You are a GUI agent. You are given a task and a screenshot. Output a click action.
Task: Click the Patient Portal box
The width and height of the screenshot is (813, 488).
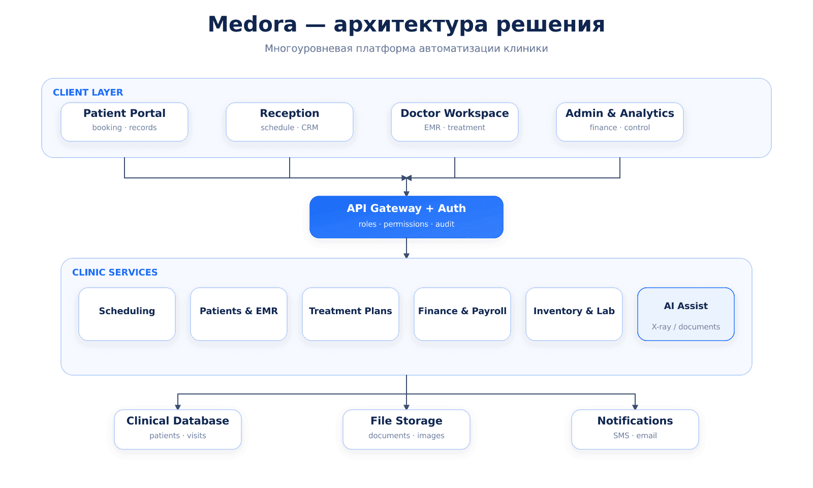point(124,122)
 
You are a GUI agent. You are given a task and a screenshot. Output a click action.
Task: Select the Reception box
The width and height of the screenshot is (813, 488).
point(290,122)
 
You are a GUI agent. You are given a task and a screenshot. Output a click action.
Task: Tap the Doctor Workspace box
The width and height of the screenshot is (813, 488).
point(455,122)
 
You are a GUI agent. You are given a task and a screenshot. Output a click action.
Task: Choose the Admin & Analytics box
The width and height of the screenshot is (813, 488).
point(620,122)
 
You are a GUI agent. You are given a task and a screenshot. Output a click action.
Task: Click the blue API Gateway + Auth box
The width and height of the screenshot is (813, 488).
point(407,217)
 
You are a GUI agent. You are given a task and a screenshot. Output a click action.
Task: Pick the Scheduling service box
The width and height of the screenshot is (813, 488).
point(127,314)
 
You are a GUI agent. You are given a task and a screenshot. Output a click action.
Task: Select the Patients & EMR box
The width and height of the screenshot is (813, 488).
point(239,314)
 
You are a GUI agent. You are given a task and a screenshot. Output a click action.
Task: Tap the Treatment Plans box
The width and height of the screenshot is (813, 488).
point(351,314)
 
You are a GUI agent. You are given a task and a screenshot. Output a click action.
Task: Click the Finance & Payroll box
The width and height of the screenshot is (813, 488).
point(462,314)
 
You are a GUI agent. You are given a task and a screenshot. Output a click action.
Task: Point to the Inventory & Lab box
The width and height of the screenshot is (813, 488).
point(574,314)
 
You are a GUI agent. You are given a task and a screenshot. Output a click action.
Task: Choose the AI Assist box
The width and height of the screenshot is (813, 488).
point(686,314)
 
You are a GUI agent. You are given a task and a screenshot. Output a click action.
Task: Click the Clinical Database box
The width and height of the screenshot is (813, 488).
point(178,430)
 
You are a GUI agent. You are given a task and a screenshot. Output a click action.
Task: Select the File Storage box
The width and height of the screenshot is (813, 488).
point(407,430)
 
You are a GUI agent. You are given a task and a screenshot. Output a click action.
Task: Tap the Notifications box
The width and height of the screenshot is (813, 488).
point(635,430)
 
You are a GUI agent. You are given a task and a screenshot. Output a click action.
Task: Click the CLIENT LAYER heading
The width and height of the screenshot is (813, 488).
point(88,93)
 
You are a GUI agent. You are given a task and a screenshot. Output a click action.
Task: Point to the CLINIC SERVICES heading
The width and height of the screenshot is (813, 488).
point(115,272)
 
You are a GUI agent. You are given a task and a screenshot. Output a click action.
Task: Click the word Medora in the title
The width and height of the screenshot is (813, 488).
point(253,24)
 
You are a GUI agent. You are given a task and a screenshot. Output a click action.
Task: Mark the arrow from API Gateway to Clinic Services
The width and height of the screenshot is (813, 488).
point(407,249)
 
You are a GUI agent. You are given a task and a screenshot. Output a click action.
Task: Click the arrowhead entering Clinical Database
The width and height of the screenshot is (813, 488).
point(178,407)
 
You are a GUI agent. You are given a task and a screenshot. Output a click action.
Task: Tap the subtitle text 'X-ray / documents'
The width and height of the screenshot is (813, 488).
point(686,327)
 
